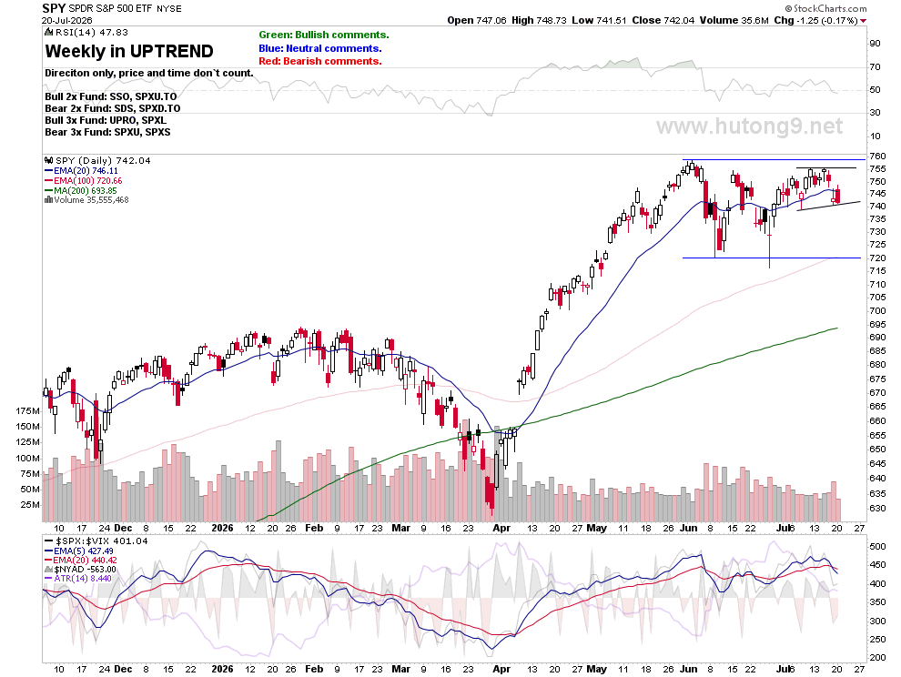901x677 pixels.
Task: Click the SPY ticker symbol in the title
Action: click(54, 8)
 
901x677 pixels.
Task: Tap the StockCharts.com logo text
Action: click(826, 8)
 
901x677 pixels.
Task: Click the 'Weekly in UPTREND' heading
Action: click(129, 51)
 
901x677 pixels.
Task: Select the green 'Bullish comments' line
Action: click(324, 35)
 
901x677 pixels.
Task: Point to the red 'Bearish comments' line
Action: click(320, 62)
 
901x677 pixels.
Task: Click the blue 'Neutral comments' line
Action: click(320, 48)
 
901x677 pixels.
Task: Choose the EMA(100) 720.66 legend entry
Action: click(84, 180)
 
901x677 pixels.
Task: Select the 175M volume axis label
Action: click(28, 411)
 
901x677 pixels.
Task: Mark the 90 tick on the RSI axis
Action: click(876, 44)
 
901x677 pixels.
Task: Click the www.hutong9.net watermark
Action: click(750, 126)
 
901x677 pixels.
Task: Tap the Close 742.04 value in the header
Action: click(663, 21)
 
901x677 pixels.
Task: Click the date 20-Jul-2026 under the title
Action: click(67, 20)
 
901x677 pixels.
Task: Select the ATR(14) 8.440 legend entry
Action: click(78, 578)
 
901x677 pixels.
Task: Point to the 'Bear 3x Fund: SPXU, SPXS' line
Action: click(107, 132)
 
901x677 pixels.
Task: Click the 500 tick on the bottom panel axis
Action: click(877, 547)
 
